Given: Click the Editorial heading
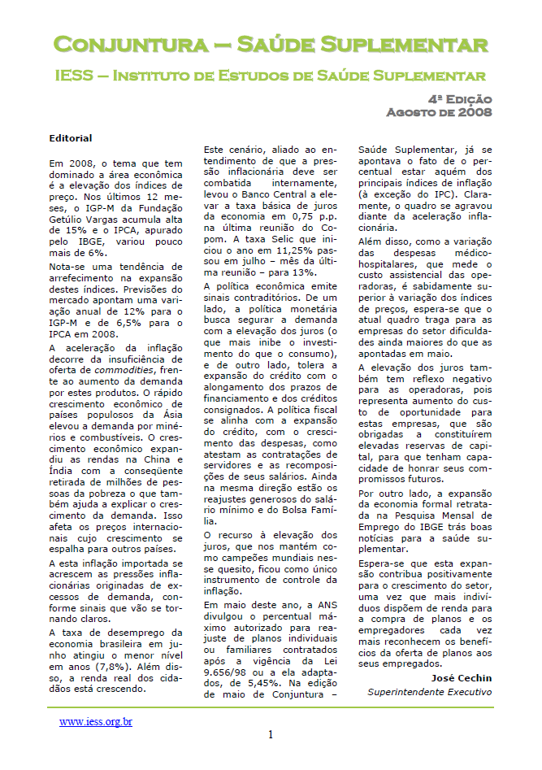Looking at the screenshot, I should coord(71,139).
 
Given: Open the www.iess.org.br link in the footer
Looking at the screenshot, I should coord(96,721).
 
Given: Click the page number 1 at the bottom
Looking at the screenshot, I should coord(271,735).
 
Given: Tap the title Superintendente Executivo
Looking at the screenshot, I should coord(430,693).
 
